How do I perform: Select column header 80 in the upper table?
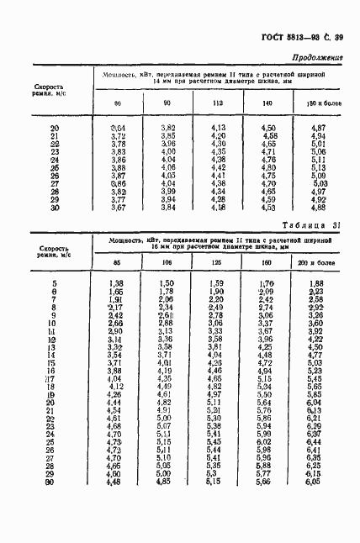pos(118,103)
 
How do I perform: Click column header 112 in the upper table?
pos(217,103)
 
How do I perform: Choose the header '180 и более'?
pos(318,103)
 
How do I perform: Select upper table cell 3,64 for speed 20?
pos(118,127)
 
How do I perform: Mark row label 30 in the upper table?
pos(55,207)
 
